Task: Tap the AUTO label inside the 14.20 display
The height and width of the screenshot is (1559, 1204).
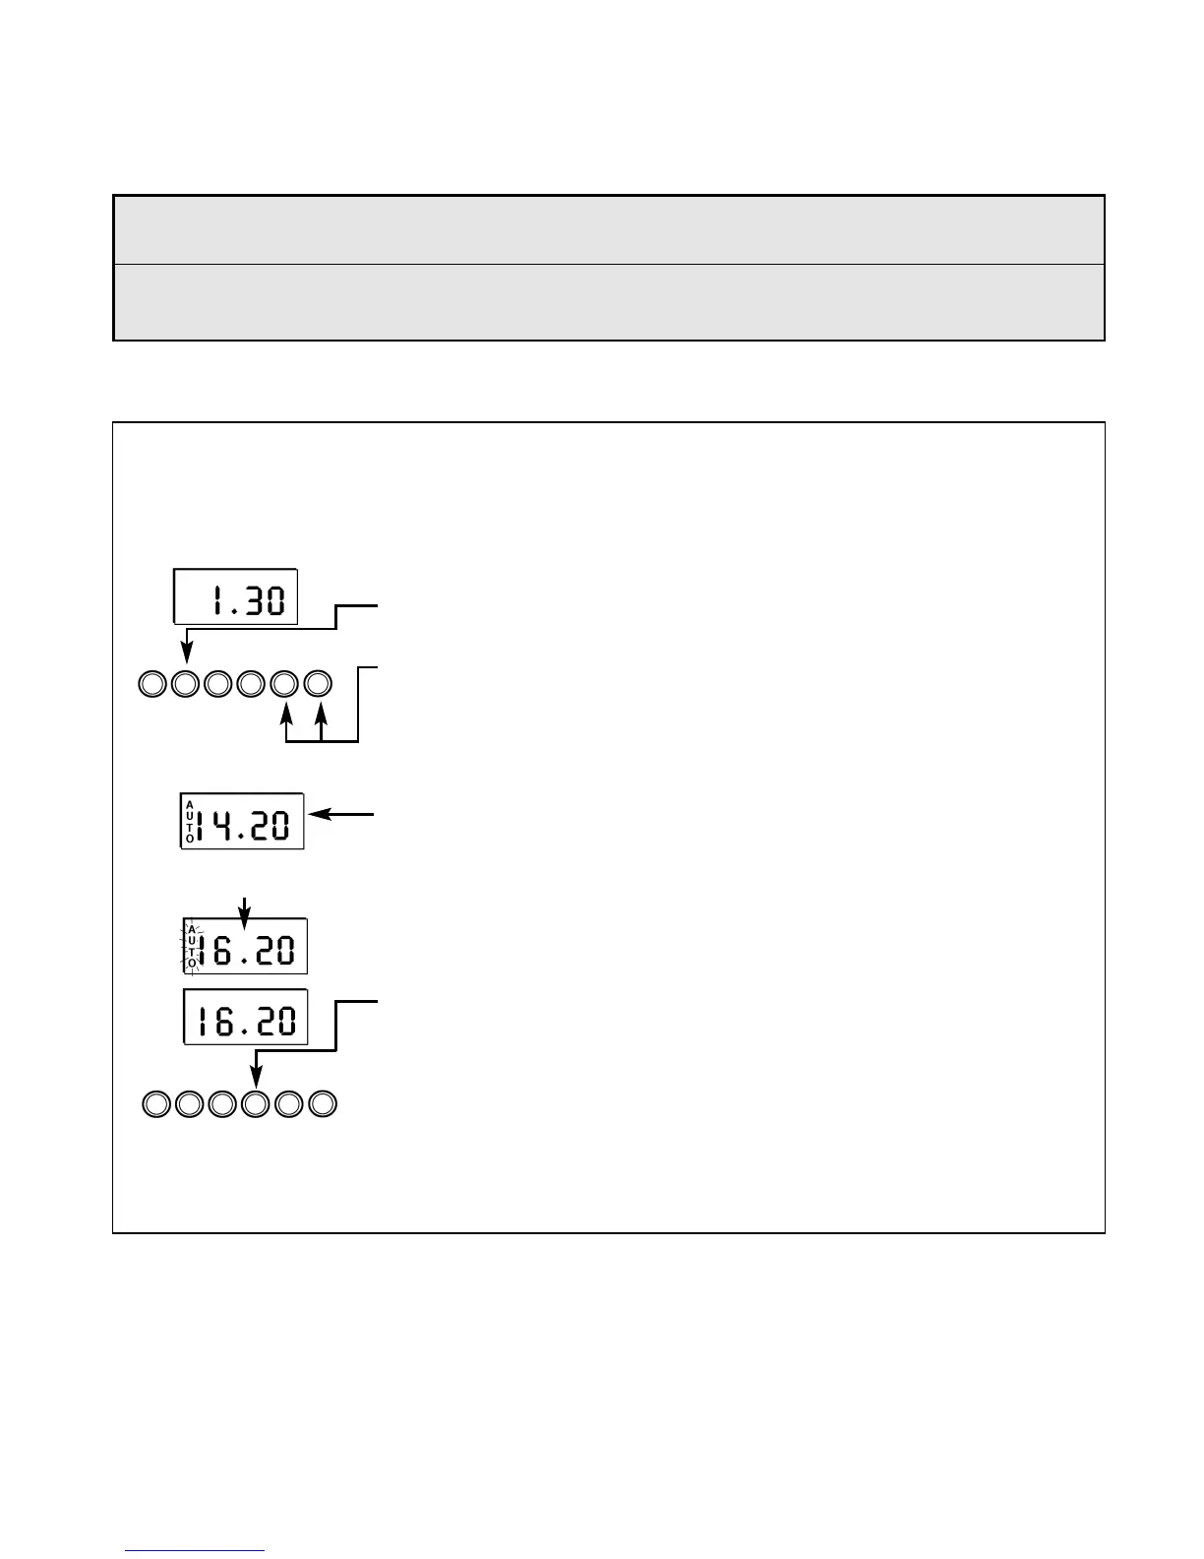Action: pos(190,822)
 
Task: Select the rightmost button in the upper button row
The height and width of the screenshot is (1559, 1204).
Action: pos(318,683)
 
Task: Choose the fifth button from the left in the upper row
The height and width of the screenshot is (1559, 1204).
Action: pos(284,683)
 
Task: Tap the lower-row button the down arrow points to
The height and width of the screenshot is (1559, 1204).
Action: pos(256,1104)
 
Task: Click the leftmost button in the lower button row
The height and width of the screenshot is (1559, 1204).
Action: pos(155,1104)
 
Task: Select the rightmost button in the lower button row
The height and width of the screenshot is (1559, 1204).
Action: pos(323,1104)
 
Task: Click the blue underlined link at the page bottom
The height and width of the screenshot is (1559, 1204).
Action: pos(195,1551)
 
